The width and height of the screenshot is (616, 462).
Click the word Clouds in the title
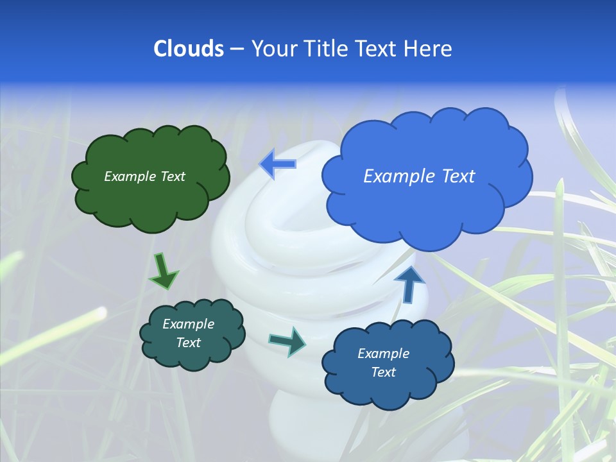(188, 49)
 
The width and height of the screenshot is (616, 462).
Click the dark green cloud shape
(150, 199)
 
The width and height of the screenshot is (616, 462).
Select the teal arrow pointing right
(287, 341)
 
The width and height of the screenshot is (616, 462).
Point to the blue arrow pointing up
(409, 284)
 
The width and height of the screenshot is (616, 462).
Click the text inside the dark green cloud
(144, 176)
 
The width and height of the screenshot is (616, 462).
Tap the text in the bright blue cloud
(419, 176)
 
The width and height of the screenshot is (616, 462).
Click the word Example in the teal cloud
(188, 324)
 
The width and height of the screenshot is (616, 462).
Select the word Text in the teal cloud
(188, 343)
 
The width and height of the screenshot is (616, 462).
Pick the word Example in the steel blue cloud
(383, 354)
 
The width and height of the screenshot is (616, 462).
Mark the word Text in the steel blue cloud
(383, 372)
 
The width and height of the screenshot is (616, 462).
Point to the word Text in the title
(377, 49)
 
